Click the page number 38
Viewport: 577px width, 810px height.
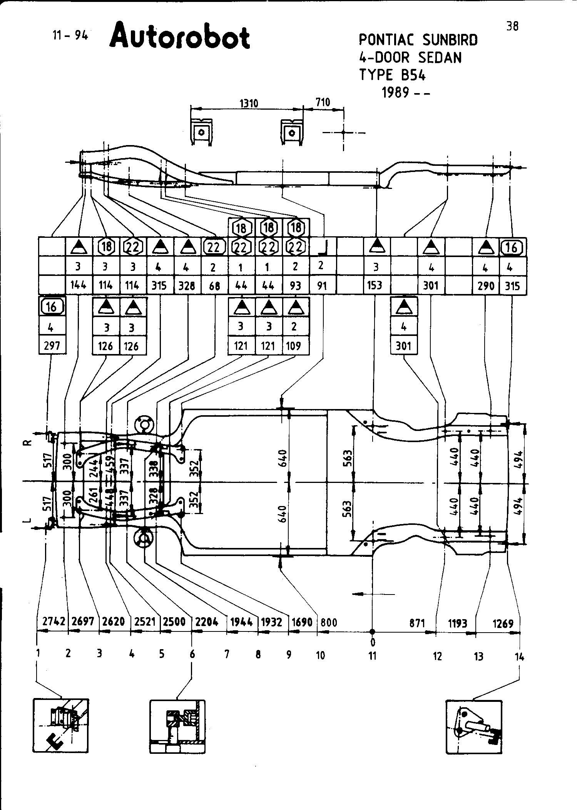[x=512, y=26]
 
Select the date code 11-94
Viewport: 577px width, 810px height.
[x=70, y=35]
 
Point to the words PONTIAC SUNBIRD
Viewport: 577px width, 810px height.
[x=418, y=40]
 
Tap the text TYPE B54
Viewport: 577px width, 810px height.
[x=392, y=75]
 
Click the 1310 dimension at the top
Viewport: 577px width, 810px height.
[x=249, y=103]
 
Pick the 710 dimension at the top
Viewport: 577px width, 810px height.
[x=323, y=102]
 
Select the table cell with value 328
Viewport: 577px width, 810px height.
[x=187, y=286]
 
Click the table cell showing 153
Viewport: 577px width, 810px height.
[x=375, y=286]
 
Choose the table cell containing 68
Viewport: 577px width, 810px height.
[x=214, y=286]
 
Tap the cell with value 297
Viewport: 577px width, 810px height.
[x=52, y=346]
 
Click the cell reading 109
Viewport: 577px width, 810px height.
[x=294, y=346]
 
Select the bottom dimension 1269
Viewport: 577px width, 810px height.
[x=503, y=623]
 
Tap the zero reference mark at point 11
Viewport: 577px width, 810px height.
[x=372, y=642]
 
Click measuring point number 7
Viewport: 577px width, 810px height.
[x=227, y=654]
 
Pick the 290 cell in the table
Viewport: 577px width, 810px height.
[x=486, y=286]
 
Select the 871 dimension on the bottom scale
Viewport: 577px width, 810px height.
[x=417, y=623]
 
